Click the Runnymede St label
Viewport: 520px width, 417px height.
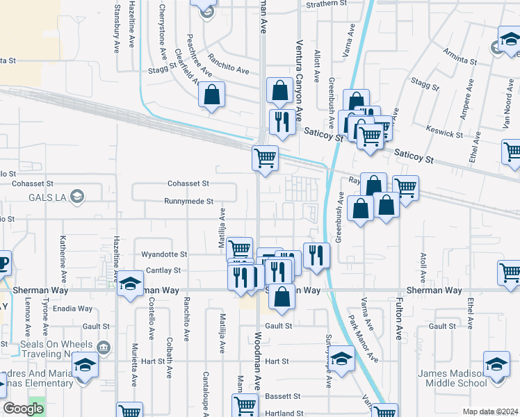coord(188,202)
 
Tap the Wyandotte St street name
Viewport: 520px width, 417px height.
coord(165,255)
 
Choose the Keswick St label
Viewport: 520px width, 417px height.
coord(446,133)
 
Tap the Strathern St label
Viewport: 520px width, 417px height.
coord(327,4)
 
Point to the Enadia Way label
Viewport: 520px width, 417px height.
coord(76,309)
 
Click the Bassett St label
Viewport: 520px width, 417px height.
coord(282,396)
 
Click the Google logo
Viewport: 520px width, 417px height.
coord(24,409)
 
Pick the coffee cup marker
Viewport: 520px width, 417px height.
coord(3,263)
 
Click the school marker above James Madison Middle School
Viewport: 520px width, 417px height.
coord(496,364)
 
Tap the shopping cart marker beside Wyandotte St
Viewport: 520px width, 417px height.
coord(239,248)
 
